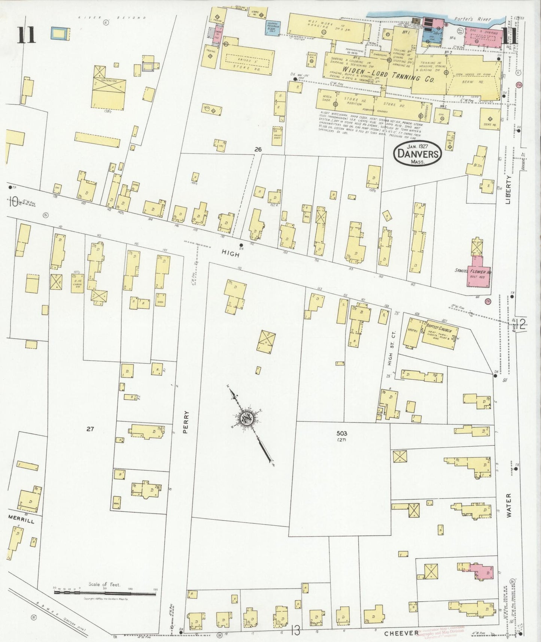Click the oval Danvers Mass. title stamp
417,153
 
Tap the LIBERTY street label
508,191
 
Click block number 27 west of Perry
90,429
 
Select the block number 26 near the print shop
258,149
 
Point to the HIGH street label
231,253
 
